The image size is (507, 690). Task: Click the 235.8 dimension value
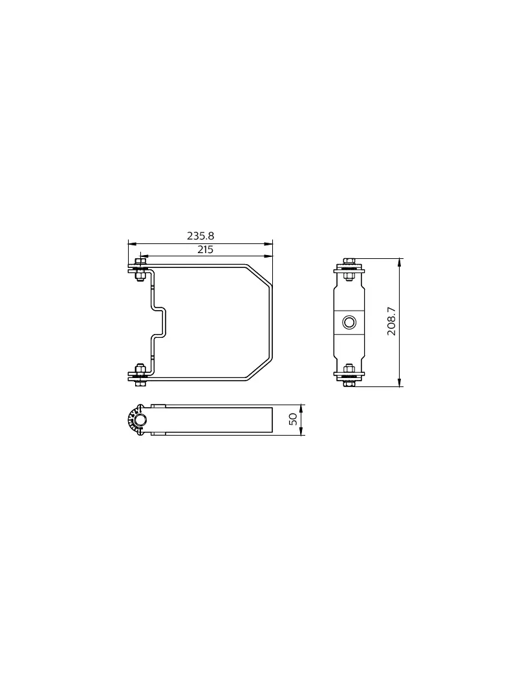pos(200,236)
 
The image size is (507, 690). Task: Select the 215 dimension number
pos(205,249)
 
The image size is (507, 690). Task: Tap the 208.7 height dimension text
pos(392,321)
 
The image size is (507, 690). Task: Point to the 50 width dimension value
pos(293,419)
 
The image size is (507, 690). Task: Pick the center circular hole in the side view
pos(349,322)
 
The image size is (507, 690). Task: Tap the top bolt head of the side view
pos(349,261)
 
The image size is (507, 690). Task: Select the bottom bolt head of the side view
pos(349,383)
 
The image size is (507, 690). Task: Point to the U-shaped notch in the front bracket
pos(160,322)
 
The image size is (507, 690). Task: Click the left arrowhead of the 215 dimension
pos(144,256)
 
